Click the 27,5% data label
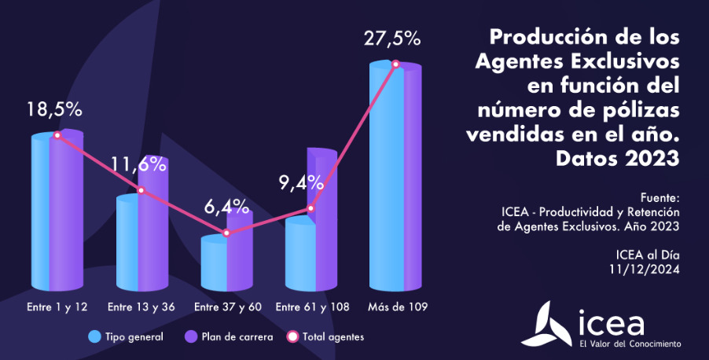(392, 39)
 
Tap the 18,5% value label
(54, 109)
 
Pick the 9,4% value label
(301, 183)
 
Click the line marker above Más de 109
(396, 64)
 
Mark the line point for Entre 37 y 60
(226, 233)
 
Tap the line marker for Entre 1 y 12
(57, 135)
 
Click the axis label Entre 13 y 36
(141, 306)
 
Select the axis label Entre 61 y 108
(313, 306)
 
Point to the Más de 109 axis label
(397, 306)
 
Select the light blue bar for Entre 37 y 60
(214, 263)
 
